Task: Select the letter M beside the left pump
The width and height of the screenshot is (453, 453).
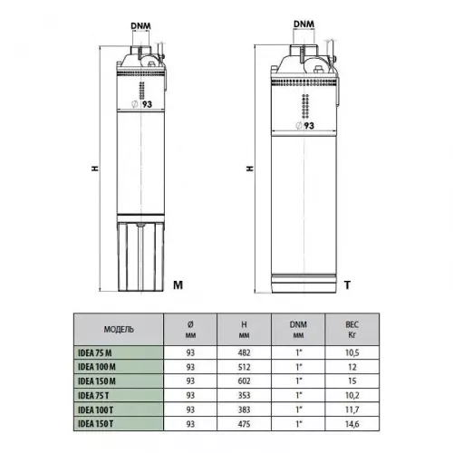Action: coord(178,284)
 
